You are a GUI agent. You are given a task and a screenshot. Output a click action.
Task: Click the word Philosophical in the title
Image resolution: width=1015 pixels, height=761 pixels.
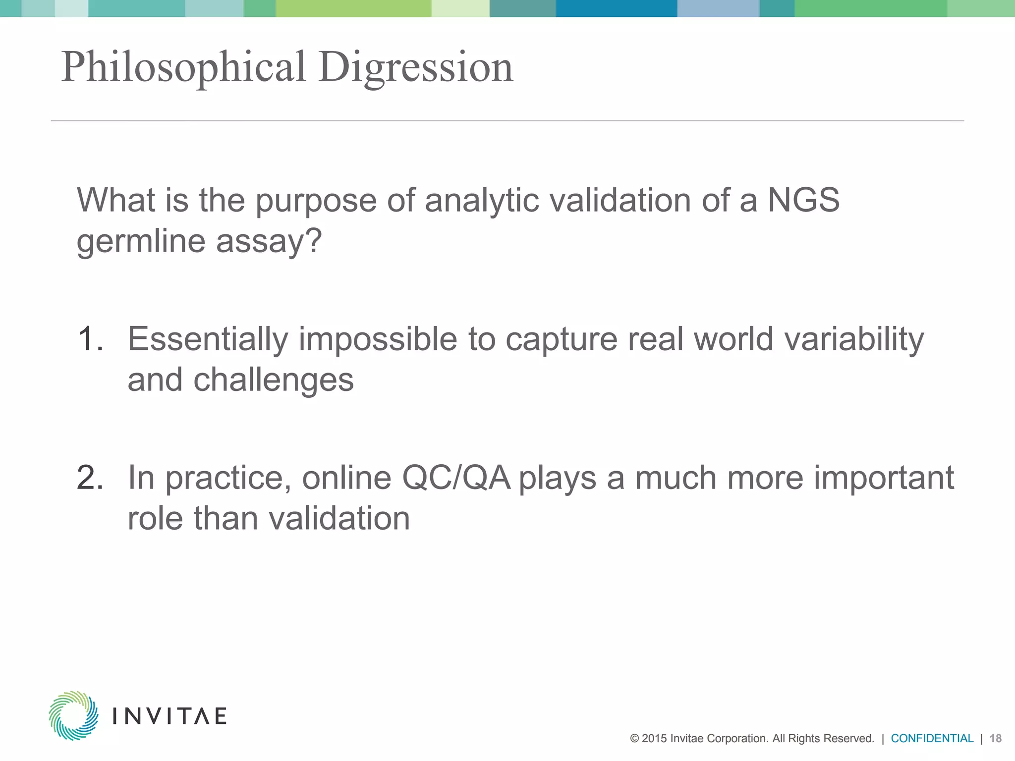[183, 68]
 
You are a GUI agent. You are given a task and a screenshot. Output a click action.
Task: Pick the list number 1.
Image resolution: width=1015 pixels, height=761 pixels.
[90, 339]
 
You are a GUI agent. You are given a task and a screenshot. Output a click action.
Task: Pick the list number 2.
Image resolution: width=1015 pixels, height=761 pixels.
[90, 478]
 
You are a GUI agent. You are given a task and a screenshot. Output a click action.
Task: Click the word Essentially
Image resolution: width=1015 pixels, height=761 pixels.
[208, 339]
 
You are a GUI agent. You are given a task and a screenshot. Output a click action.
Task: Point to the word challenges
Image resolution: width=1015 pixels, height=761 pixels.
[273, 380]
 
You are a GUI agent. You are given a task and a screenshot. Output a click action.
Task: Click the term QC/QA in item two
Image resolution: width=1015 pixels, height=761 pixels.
[455, 478]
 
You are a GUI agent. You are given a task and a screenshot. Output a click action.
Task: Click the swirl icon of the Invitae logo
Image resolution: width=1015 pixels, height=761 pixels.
[73, 715]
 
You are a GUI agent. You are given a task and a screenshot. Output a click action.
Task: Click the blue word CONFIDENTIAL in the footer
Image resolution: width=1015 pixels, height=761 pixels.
[932, 738]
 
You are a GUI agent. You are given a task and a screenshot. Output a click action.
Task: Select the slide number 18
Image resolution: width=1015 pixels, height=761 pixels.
[995, 738]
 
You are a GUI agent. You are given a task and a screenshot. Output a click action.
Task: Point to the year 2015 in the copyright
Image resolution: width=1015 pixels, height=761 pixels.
[654, 738]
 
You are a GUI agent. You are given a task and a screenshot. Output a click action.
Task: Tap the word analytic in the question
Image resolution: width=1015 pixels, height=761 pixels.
[481, 200]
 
